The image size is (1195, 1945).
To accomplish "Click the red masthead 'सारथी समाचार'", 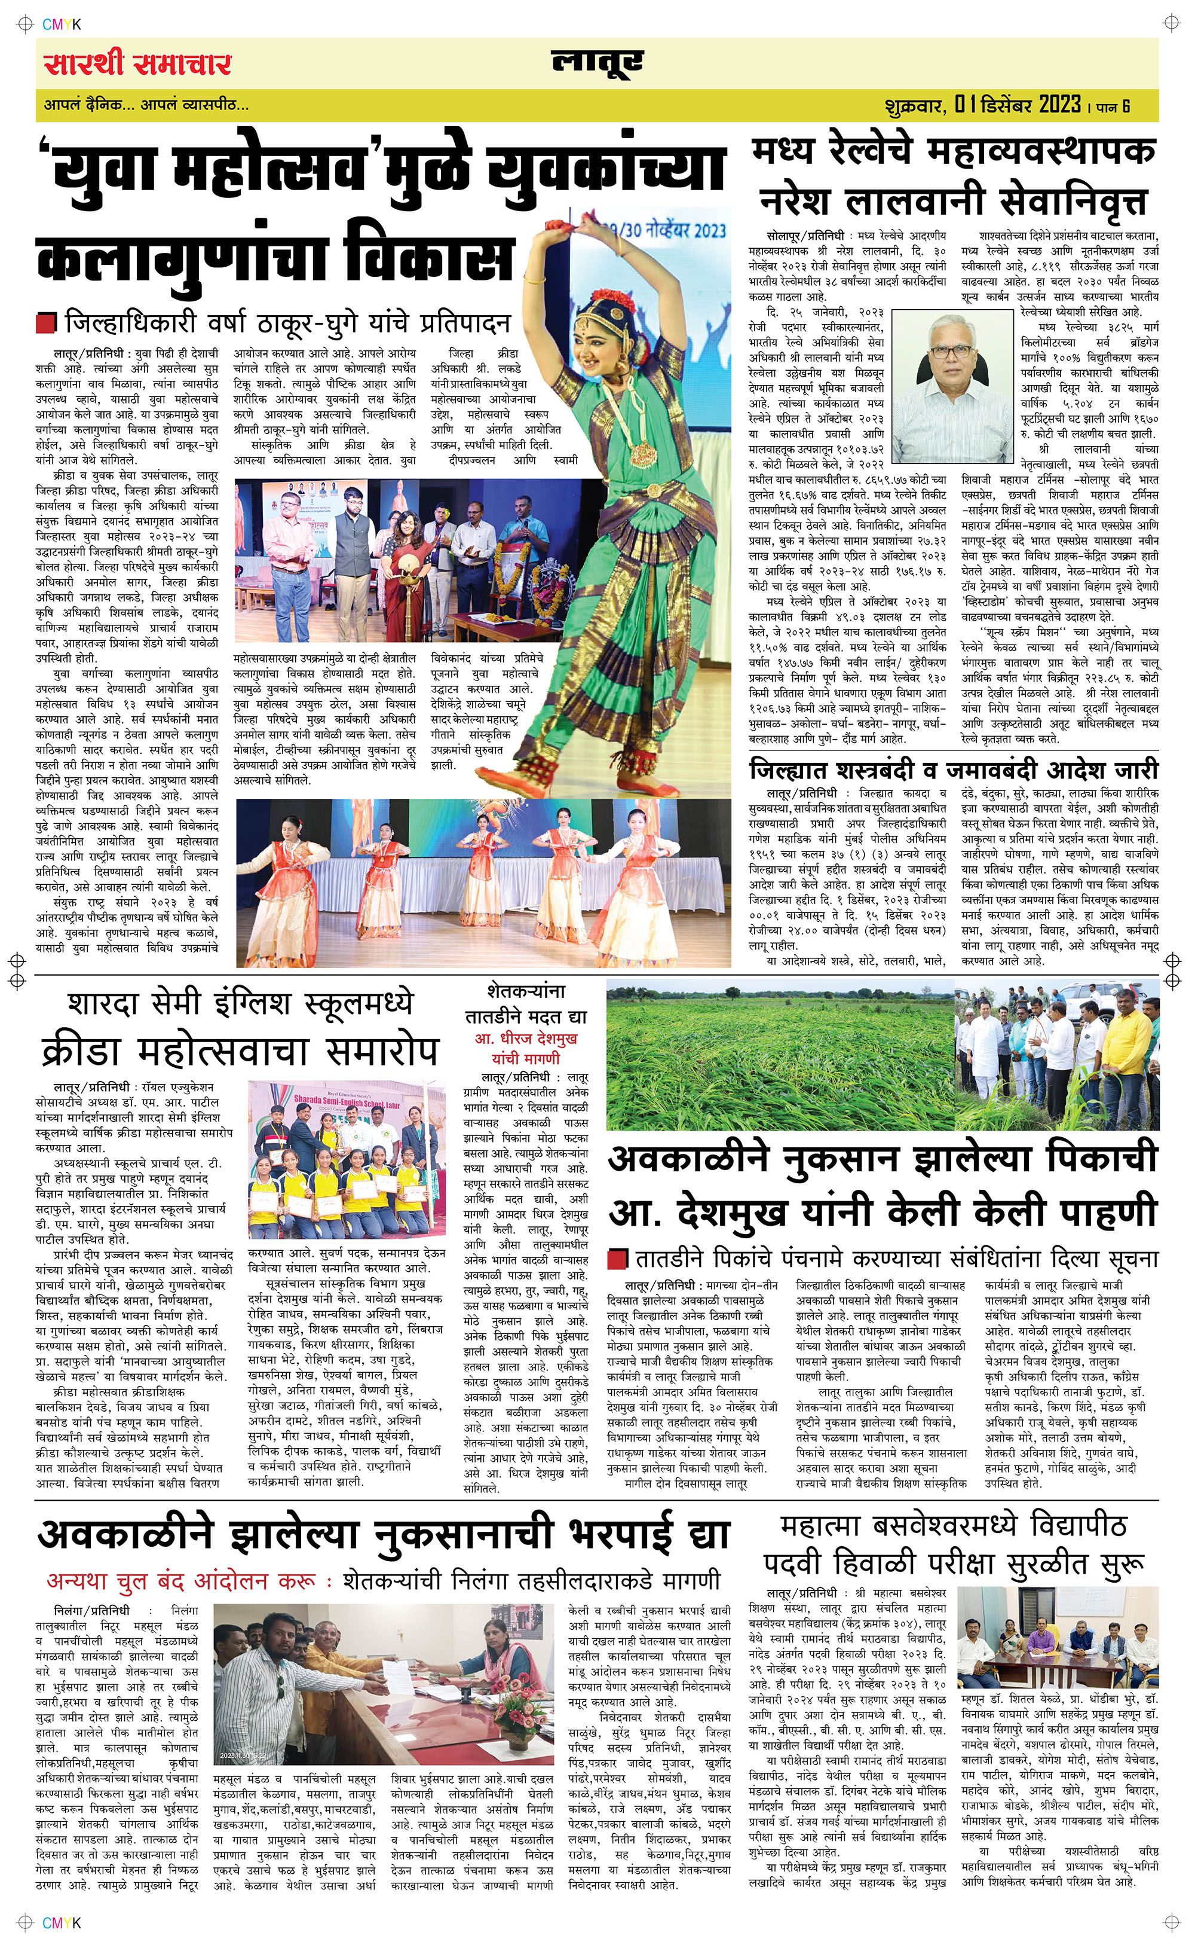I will (x=137, y=63).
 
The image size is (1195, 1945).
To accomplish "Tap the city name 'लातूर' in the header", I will (x=597, y=63).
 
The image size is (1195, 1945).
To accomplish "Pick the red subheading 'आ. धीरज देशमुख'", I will (x=526, y=1037).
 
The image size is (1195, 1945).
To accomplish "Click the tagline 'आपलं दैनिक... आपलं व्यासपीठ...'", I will (x=146, y=105).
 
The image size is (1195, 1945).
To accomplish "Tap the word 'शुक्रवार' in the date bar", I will (x=915, y=105).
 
